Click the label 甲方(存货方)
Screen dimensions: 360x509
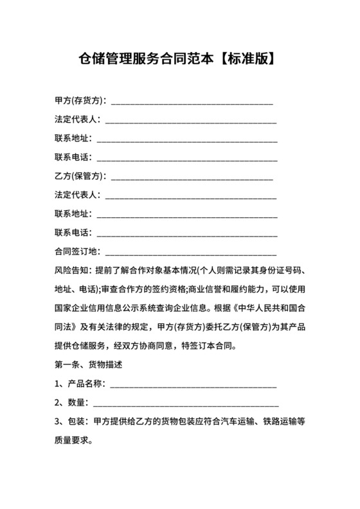coord(80,101)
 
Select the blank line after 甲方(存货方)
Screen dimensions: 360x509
coord(192,102)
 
